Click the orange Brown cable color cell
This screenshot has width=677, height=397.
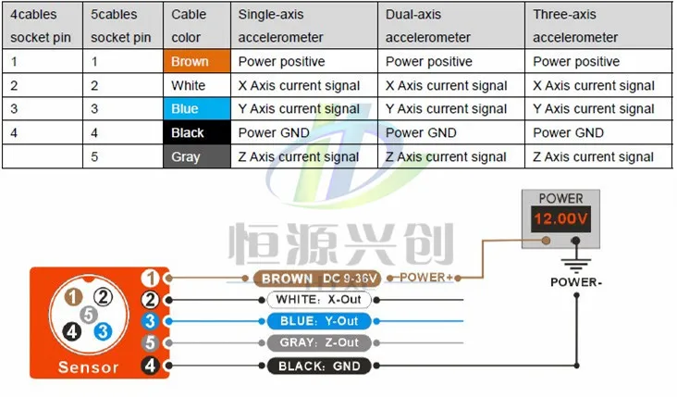[195, 62]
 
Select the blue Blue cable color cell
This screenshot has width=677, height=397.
[195, 109]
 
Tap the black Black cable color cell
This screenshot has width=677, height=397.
[195, 132]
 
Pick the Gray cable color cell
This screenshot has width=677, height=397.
[195, 156]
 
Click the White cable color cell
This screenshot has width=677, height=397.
[195, 86]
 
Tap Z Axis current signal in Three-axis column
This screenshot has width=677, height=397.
[594, 156]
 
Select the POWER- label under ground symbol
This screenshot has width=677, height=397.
[575, 282]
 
